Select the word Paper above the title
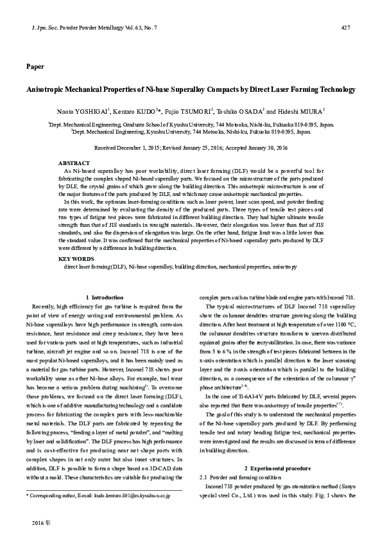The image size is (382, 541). [x=35, y=66]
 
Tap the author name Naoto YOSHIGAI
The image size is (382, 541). [x=82, y=111]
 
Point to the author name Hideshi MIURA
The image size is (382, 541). [x=305, y=111]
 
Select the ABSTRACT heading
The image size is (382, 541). [x=73, y=163]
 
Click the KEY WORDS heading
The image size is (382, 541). [x=76, y=258]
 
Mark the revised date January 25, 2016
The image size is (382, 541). [x=207, y=147]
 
